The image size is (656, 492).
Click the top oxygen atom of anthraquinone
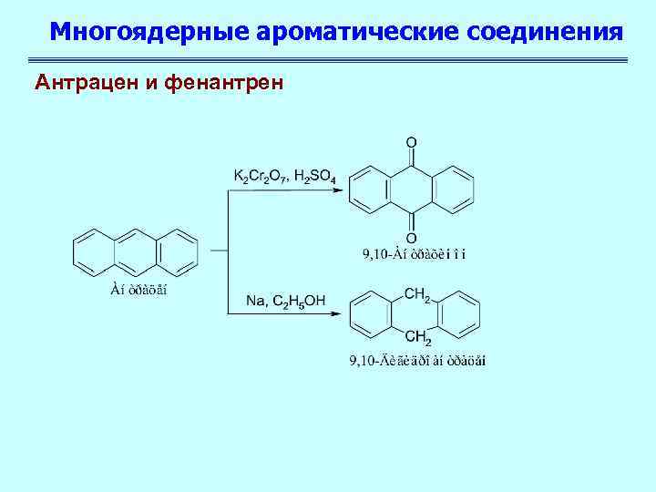412,143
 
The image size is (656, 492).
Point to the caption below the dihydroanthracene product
417,362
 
